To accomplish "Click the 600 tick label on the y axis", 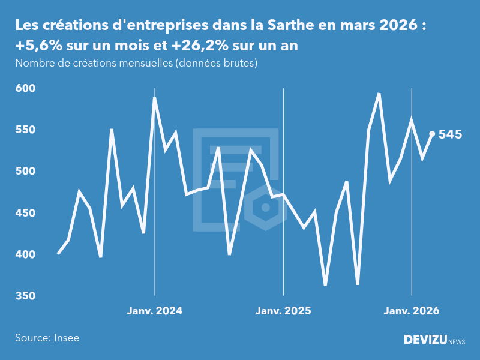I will click(25, 88).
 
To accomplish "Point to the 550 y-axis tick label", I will click(25, 130).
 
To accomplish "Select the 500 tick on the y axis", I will click(25, 172).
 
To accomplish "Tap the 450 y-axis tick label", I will click(25, 213).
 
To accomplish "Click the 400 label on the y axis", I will click(25, 254).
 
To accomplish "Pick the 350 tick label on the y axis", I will click(25, 296).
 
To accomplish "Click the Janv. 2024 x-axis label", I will click(155, 311).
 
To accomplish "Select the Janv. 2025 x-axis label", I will click(283, 311).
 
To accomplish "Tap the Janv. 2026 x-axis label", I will click(412, 311).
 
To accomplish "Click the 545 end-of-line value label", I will click(450, 134).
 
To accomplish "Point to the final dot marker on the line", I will click(432, 134).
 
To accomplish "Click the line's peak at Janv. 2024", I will click(155, 98).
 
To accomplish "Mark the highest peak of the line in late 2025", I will click(379, 94).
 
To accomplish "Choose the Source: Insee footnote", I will click(47, 338).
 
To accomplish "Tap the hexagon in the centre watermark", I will click(265, 208).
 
